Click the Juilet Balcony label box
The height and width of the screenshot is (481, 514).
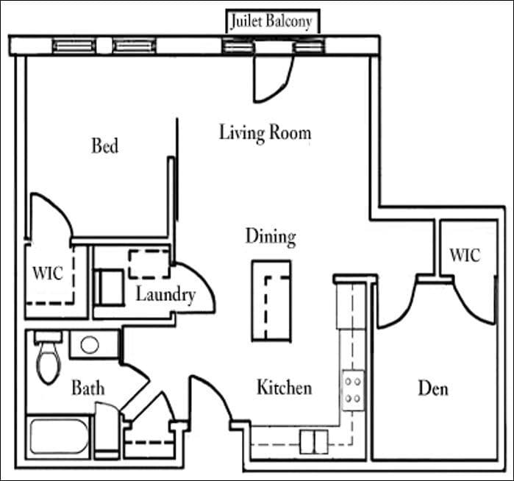tap(272, 21)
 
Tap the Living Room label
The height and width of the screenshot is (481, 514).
tap(265, 133)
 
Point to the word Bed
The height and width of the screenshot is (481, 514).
tap(104, 146)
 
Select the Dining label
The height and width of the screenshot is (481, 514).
tap(270, 237)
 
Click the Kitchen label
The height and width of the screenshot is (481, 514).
tap(284, 387)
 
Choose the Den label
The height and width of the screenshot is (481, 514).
tap(432, 388)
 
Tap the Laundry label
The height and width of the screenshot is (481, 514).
tap(165, 295)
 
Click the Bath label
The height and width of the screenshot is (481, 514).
tap(88, 387)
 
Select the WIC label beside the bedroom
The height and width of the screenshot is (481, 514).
tap(48, 272)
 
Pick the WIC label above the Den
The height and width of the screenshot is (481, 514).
tap(464, 255)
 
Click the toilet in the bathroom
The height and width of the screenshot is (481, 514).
tap(49, 359)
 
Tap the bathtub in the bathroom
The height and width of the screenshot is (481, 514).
tap(59, 435)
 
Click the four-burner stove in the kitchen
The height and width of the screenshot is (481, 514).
tap(352, 391)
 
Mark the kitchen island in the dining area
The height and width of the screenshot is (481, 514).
tap(271, 299)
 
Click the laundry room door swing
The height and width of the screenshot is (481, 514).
tap(197, 291)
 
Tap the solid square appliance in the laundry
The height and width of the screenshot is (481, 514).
tap(110, 286)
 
